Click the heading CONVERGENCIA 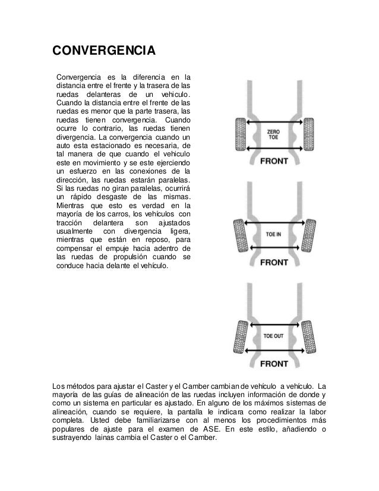(104, 49)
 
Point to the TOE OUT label (274, 336)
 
